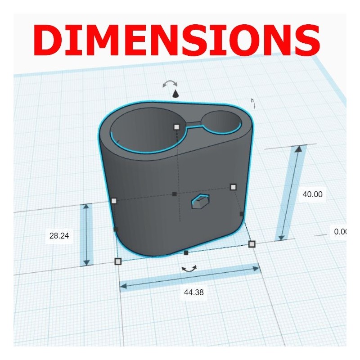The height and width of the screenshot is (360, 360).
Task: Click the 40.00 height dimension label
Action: tap(312, 194)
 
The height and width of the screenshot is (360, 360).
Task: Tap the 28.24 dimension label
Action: tap(59, 235)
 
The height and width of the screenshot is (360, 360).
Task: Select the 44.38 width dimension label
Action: tap(193, 292)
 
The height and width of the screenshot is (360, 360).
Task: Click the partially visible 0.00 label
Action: tap(340, 232)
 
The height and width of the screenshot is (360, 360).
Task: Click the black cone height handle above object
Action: tap(175, 94)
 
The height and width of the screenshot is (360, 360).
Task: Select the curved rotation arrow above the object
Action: tap(170, 83)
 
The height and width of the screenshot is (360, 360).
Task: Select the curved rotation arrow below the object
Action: tap(189, 268)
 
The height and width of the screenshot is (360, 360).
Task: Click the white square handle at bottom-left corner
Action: tap(118, 261)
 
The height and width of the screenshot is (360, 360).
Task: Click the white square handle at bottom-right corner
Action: tap(252, 244)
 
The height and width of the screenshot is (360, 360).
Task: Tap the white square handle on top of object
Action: tap(176, 126)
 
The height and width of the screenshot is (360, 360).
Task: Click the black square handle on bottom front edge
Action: tap(186, 253)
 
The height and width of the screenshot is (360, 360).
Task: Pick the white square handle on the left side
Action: tap(113, 201)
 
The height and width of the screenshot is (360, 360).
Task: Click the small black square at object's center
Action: tap(175, 194)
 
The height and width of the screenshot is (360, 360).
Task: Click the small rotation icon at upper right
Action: tap(253, 103)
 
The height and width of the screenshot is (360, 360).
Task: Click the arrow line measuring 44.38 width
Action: tap(189, 277)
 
